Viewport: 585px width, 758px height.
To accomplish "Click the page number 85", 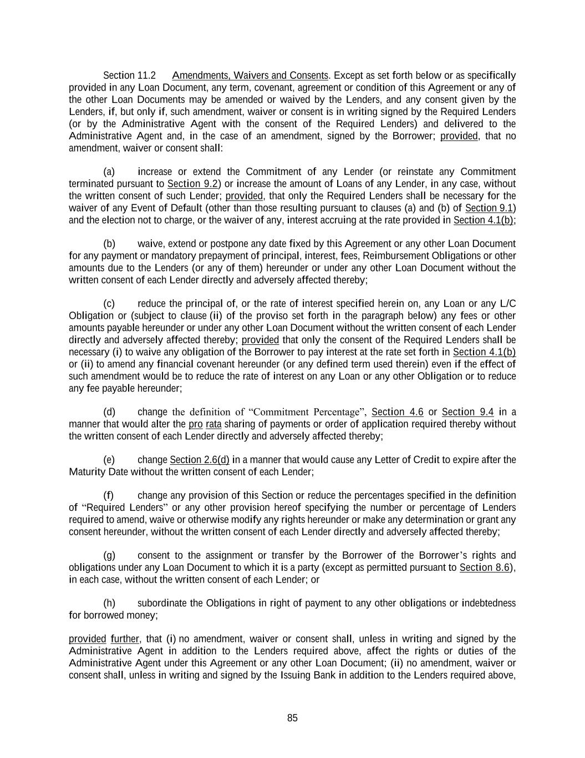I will click(x=292, y=718).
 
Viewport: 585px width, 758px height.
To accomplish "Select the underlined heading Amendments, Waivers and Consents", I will click(x=250, y=76).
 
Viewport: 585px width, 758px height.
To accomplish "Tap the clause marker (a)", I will click(x=109, y=172).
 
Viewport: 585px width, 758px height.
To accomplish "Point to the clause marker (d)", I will click(x=109, y=412).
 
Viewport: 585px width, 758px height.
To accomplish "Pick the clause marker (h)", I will click(x=109, y=603).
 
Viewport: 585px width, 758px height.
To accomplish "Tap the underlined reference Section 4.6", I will click(x=397, y=412).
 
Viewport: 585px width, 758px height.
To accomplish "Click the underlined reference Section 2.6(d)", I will click(x=200, y=460).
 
